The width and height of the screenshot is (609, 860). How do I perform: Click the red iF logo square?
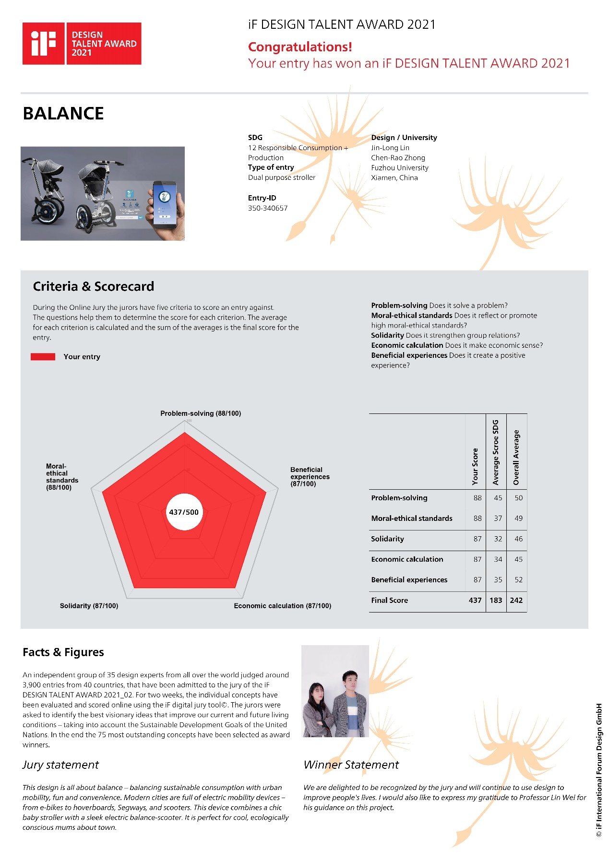click(x=43, y=43)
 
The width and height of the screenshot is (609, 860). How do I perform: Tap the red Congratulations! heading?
click(x=300, y=47)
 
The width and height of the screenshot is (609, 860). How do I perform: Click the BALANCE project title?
click(x=63, y=114)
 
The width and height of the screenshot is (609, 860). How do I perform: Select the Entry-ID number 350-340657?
click(x=268, y=208)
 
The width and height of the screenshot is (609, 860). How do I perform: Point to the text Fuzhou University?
click(x=399, y=168)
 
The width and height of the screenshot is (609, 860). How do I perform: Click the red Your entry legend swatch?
click(x=43, y=357)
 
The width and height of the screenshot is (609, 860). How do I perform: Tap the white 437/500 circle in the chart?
click(x=184, y=512)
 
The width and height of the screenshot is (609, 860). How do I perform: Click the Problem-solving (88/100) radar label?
click(x=201, y=413)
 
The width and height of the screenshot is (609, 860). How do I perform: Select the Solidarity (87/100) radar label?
click(x=89, y=606)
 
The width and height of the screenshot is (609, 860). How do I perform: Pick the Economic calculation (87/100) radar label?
click(x=282, y=606)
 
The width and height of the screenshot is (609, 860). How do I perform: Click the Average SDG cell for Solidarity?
click(x=498, y=539)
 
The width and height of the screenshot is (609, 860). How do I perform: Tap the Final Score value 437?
click(x=475, y=601)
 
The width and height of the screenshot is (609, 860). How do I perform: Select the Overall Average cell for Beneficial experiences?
click(x=519, y=580)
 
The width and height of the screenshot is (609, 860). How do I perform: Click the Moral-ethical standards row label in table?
click(x=411, y=518)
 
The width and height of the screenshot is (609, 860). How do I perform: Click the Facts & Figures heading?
click(x=63, y=652)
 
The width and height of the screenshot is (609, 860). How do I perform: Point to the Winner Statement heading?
click(x=351, y=765)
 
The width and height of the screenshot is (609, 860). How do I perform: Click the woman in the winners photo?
click(x=317, y=710)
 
